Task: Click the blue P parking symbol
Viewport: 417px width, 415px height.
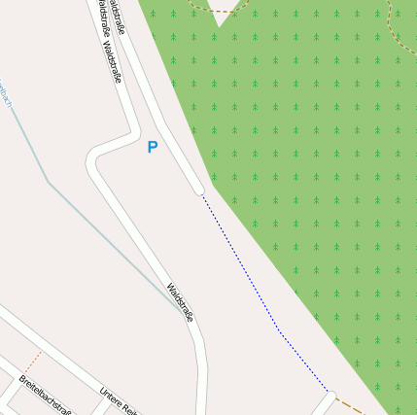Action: [152, 148]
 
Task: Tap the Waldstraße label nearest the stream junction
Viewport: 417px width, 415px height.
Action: [181, 301]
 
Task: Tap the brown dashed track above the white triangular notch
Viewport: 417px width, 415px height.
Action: [223, 11]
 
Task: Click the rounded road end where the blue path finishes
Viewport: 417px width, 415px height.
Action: [330, 396]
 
